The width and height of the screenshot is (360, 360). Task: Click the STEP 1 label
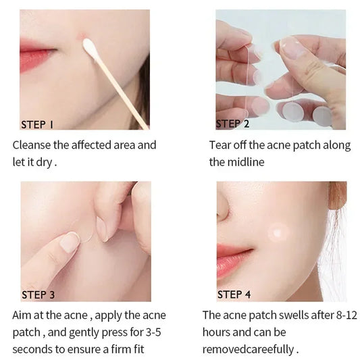(x=37, y=124)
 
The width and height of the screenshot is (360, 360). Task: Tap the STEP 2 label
(x=233, y=124)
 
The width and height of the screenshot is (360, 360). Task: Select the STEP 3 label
(x=38, y=294)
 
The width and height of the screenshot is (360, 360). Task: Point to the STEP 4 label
(x=234, y=294)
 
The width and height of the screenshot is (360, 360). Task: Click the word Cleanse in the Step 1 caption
(x=32, y=145)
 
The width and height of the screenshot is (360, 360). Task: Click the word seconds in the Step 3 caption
(x=32, y=350)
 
